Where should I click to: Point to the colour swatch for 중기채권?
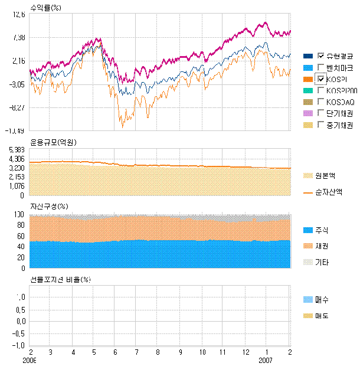(309, 125)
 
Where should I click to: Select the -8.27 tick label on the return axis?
(17, 107)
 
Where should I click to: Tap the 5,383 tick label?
(16, 150)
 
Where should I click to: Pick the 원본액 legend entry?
(326, 176)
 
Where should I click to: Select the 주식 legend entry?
(323, 230)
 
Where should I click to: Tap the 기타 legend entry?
(323, 261)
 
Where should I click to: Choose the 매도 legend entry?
(323, 316)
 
